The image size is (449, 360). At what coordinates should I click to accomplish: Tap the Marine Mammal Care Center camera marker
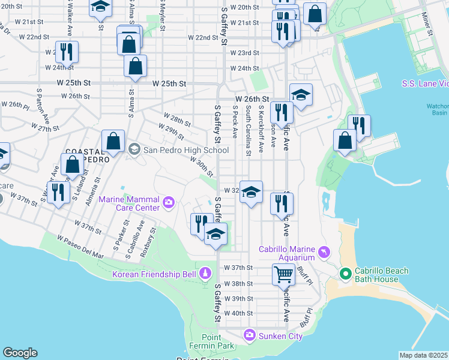click(169, 203)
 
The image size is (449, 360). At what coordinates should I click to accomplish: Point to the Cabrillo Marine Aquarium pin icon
click(324, 250)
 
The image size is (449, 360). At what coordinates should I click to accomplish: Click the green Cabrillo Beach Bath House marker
click(345, 275)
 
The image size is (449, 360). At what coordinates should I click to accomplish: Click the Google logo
click(20, 353)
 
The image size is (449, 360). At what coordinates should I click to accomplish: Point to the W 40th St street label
click(238, 313)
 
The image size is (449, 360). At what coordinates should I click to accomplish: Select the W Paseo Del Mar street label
click(81, 247)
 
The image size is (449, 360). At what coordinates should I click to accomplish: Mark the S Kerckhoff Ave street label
click(261, 129)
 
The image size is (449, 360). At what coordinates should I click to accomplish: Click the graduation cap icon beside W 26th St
click(301, 95)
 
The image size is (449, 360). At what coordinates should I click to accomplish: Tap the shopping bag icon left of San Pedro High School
click(113, 142)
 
